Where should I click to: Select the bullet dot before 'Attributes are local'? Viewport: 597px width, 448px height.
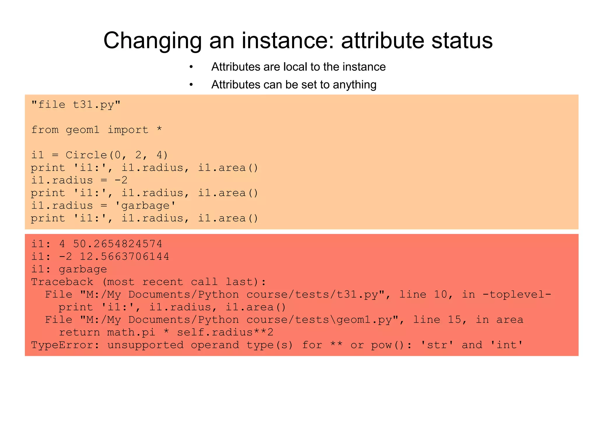[191, 67]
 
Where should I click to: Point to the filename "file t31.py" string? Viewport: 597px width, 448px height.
[76, 104]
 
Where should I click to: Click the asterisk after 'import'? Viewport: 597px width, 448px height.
[159, 129]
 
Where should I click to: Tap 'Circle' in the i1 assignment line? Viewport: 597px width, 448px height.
[86, 155]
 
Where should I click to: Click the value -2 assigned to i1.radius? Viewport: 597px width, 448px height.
[121, 180]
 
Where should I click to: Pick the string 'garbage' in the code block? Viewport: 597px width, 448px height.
[145, 206]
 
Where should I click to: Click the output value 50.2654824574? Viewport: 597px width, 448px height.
[117, 244]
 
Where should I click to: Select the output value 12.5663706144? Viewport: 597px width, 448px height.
[124, 256]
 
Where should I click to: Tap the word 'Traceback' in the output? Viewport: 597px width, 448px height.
[62, 282]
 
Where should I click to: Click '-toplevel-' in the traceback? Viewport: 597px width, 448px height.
[517, 294]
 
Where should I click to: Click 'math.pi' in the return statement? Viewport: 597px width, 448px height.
[131, 332]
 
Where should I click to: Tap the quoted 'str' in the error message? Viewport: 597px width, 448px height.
[437, 345]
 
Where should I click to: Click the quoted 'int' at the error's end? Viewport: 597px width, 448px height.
[506, 345]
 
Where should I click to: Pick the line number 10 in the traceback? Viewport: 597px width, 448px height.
[440, 294]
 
